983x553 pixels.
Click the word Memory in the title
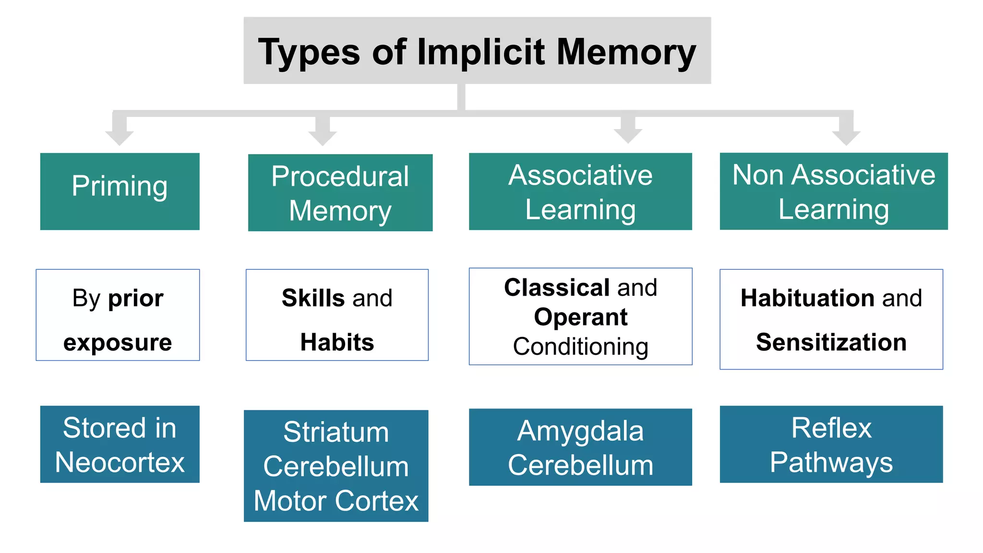pyautogui.click(x=626, y=51)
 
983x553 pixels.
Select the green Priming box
pyautogui.click(x=120, y=191)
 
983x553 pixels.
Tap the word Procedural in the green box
pyautogui.click(x=340, y=176)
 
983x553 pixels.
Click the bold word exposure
pyautogui.click(x=118, y=342)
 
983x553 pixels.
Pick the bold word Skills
pyautogui.click(x=313, y=298)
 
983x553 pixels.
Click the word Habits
pyautogui.click(x=337, y=342)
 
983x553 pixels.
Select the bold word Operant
pyautogui.click(x=580, y=317)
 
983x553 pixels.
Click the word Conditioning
pyautogui.click(x=580, y=347)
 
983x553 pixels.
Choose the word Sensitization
pyautogui.click(x=831, y=342)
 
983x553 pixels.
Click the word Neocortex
pyautogui.click(x=120, y=462)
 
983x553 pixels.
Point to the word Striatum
pyautogui.click(x=336, y=432)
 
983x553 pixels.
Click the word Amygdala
pyautogui.click(x=580, y=432)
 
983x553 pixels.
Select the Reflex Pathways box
pyautogui.click(x=831, y=444)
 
